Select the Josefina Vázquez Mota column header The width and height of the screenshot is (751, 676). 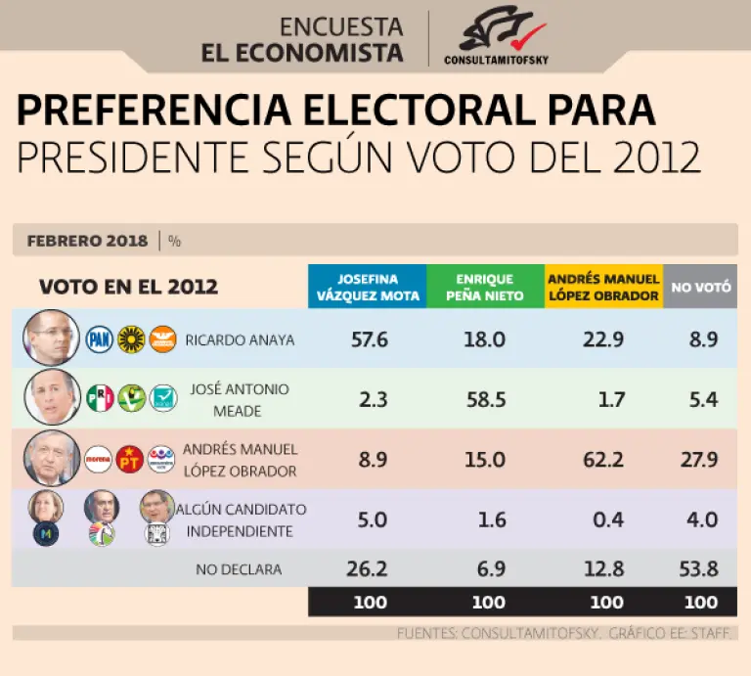click(367, 287)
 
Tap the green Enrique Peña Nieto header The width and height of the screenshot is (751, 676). click(485, 287)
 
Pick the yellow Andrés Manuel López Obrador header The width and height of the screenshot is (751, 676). click(603, 287)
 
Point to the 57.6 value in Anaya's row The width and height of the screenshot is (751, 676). click(370, 339)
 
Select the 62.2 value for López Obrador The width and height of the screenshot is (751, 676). click(607, 459)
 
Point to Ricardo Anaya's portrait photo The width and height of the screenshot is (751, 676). click(51, 338)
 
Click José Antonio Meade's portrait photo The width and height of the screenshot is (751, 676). click(51, 396)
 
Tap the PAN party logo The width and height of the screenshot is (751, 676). click(100, 339)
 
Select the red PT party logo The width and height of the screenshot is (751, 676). click(130, 458)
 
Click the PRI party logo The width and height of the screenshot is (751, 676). click(100, 398)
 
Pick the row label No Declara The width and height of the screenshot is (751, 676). click(239, 569)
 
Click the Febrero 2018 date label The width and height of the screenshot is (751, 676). click(87, 240)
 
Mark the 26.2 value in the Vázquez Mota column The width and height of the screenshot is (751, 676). click(370, 568)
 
